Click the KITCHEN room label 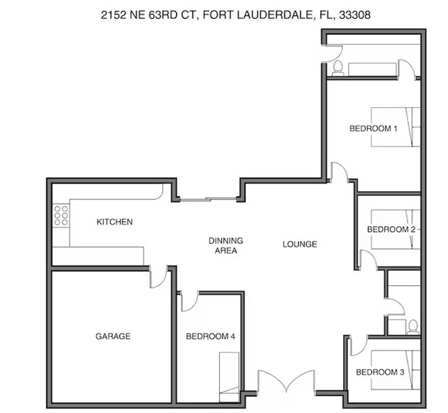click(x=115, y=222)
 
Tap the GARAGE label click(x=113, y=336)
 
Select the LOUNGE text click(x=300, y=244)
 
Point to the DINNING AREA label click(x=226, y=246)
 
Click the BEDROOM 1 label click(x=373, y=128)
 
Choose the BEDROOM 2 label click(x=391, y=229)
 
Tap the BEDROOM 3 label click(x=380, y=372)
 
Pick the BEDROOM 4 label click(x=211, y=337)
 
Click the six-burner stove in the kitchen click(x=61, y=216)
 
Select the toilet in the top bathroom click(x=338, y=68)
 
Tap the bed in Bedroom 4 click(x=229, y=377)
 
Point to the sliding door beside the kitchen click(x=209, y=199)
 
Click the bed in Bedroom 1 click(x=395, y=127)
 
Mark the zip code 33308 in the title click(x=355, y=15)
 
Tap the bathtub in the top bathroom click(x=372, y=70)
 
